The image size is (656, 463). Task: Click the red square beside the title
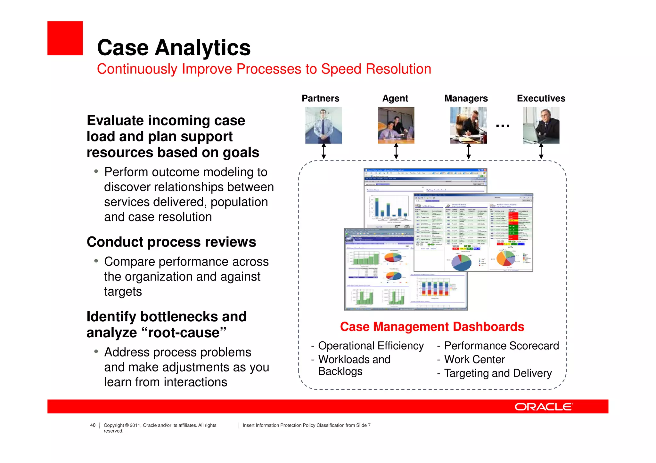point(65,38)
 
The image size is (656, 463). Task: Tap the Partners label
point(320,98)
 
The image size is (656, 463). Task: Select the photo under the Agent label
point(396,125)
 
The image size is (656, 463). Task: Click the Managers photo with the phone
point(468,125)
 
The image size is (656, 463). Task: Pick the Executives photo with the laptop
point(541,125)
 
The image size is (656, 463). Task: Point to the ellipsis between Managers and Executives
point(503,126)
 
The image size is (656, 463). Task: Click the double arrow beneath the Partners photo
point(324,151)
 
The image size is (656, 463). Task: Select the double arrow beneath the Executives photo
point(541,151)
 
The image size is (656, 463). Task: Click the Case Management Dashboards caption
point(432,327)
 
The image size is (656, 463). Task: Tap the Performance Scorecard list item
point(501,346)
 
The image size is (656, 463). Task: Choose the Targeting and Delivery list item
point(498,373)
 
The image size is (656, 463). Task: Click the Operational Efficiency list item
point(371,346)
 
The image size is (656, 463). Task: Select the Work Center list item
point(474,360)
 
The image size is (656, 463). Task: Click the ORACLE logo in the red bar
point(544,407)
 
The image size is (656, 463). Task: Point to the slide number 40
point(93,425)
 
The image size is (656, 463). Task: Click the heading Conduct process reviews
point(171,242)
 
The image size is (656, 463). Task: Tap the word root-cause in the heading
point(186,333)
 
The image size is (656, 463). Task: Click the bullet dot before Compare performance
point(96,261)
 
